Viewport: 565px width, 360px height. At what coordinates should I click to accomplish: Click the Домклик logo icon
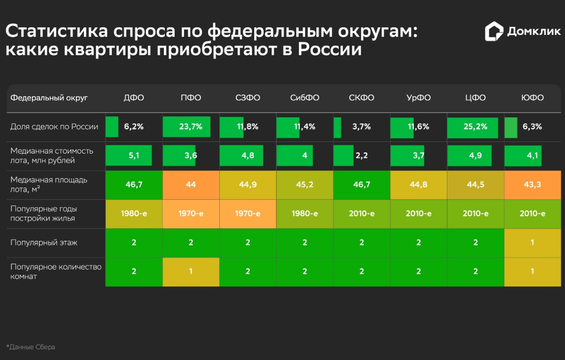coord(494,32)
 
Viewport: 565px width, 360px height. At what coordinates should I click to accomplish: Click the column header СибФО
coord(305,98)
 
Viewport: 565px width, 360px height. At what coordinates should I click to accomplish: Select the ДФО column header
coord(134,98)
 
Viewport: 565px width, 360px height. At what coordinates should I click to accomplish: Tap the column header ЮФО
coord(533,98)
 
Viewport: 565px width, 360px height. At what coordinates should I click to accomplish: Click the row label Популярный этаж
coord(44,243)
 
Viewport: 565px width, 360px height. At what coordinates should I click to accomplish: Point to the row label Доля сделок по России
coord(54,127)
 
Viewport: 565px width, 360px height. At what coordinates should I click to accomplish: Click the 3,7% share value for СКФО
coord(362,127)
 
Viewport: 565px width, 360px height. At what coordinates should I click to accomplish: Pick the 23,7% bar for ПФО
coord(187,127)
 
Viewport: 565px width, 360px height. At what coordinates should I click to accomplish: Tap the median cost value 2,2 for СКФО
coord(362,156)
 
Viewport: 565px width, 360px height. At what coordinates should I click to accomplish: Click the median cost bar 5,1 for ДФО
coord(129,156)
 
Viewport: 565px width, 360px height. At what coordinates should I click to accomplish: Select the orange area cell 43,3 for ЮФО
coord(533,185)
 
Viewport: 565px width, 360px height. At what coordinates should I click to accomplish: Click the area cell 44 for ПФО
coord(191,185)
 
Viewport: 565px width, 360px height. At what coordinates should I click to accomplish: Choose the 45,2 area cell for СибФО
coord(305,185)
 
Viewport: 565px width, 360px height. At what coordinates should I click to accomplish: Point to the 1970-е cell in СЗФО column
coord(248,214)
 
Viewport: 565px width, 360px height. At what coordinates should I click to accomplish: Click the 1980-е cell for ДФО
coord(134,214)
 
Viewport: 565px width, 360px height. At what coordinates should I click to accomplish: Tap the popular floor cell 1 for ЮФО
coord(533,243)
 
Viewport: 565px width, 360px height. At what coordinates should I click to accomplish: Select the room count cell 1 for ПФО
coord(191,272)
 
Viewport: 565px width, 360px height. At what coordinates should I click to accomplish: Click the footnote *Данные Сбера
coord(31,347)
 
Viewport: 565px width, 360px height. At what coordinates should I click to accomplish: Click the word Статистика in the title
coord(56,32)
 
